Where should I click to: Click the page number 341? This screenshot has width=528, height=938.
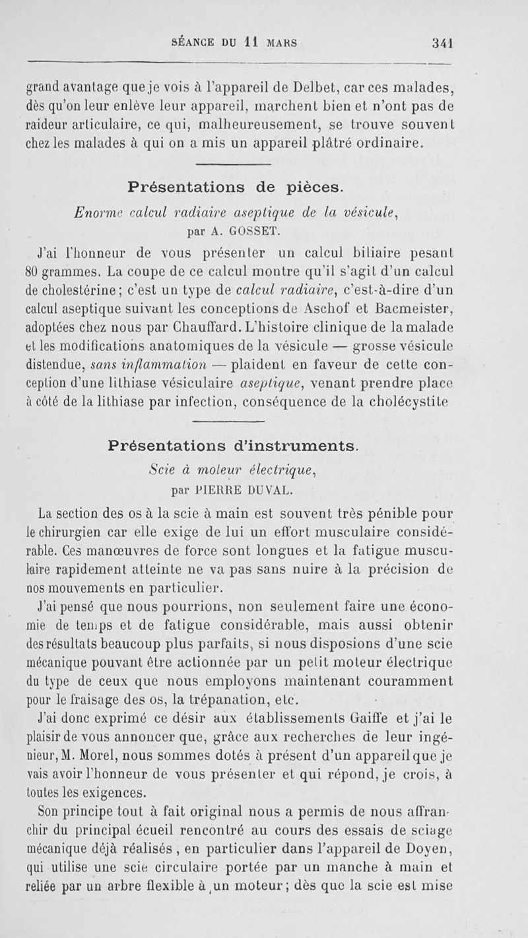tap(442, 43)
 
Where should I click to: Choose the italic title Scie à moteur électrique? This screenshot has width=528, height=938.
tap(234, 470)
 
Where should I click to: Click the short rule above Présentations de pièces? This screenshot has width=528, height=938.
tap(234, 164)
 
